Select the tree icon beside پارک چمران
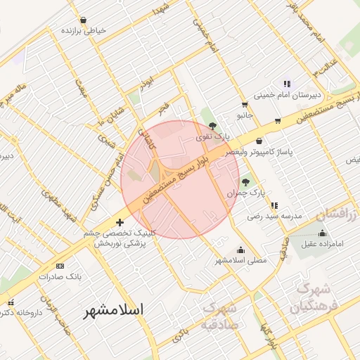coord(245,182)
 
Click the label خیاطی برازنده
coord(84,32)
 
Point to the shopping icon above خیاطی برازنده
coord(84,20)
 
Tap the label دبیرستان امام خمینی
coord(287,94)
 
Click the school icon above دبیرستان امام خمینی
coord(286,84)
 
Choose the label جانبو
coord(244,113)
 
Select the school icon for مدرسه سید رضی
coord(274,205)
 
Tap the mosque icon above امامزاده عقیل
coord(322,233)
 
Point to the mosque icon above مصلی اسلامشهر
coord(241,250)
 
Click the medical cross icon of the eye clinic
coord(120,223)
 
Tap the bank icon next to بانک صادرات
coord(60,266)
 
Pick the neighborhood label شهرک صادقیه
coord(219,316)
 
